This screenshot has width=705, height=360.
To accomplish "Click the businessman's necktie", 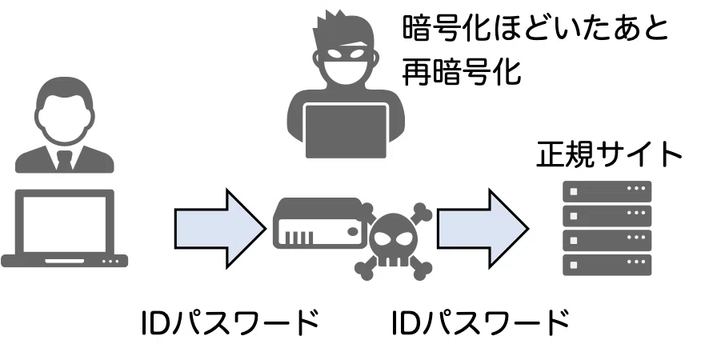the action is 64,161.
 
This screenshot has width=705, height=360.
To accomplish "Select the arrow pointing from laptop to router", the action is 220,228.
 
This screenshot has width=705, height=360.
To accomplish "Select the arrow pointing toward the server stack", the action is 483,228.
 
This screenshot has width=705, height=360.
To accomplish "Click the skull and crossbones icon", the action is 394,242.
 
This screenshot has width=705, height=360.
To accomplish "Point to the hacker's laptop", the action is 346,130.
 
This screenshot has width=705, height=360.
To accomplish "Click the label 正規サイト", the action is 609,154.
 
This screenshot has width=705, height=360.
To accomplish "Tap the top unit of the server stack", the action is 607,191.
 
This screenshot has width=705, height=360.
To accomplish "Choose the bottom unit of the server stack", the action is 607,265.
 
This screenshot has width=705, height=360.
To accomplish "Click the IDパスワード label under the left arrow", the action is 230,322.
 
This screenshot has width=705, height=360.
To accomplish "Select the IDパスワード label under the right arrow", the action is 480,322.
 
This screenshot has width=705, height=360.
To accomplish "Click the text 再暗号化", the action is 461,72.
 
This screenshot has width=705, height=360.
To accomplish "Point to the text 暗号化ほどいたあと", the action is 535,28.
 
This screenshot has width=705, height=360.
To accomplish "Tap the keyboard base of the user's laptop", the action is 64,261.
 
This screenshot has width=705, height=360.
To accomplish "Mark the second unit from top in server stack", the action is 607,216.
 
